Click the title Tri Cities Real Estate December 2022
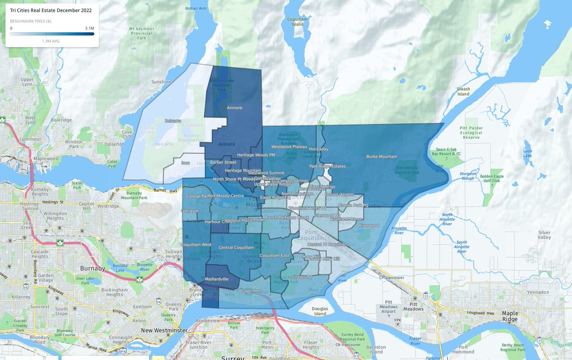pos(51,10)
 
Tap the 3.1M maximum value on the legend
pos(90,28)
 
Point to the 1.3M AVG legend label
pos(51,41)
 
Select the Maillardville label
pos(218,279)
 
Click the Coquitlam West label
pos(197,245)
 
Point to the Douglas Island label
pos(320,310)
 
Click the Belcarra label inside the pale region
pos(174,121)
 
